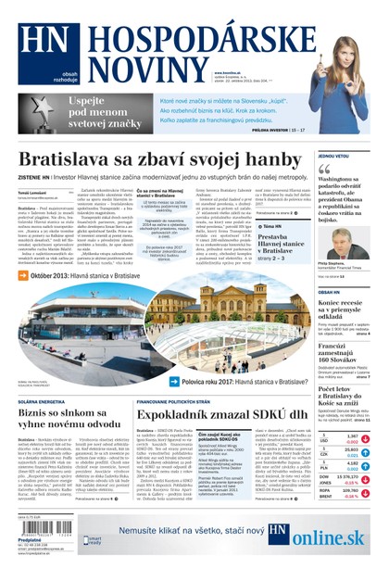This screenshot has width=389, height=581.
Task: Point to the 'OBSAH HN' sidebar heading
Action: click(329, 291)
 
